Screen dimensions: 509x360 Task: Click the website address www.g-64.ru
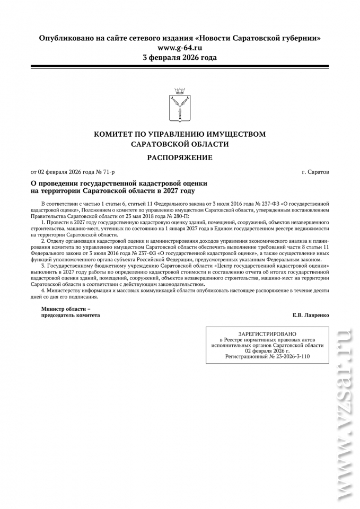(x=180, y=48)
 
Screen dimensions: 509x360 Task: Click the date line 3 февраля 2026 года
(x=180, y=57)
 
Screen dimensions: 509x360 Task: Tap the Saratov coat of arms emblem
(x=179, y=106)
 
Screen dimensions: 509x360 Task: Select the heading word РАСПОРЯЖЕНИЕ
(x=180, y=157)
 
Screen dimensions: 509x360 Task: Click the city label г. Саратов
(x=315, y=172)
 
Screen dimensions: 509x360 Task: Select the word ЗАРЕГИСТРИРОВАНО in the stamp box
(x=267, y=334)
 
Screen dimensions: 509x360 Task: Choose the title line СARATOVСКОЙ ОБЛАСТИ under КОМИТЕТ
(x=180, y=144)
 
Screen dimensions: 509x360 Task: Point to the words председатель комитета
(x=66, y=315)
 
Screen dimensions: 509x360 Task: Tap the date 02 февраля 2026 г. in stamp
(x=267, y=351)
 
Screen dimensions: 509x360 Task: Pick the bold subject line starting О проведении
(x=118, y=183)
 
